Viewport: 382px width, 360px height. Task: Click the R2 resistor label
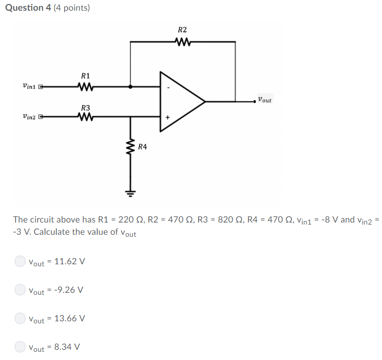182,30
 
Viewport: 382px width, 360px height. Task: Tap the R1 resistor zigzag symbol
85,87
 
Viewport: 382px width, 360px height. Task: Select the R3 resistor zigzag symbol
85,118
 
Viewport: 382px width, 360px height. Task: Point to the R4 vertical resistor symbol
130,148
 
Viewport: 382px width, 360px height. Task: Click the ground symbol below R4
130,193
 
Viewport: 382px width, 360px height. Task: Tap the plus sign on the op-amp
167,118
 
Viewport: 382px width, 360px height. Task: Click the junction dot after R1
130,87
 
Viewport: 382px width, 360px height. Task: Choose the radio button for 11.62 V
19,261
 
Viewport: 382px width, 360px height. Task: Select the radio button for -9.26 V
19,290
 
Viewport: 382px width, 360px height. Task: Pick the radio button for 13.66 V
19,318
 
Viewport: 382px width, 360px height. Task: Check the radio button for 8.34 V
19,347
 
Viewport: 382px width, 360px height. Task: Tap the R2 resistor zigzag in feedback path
182,42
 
